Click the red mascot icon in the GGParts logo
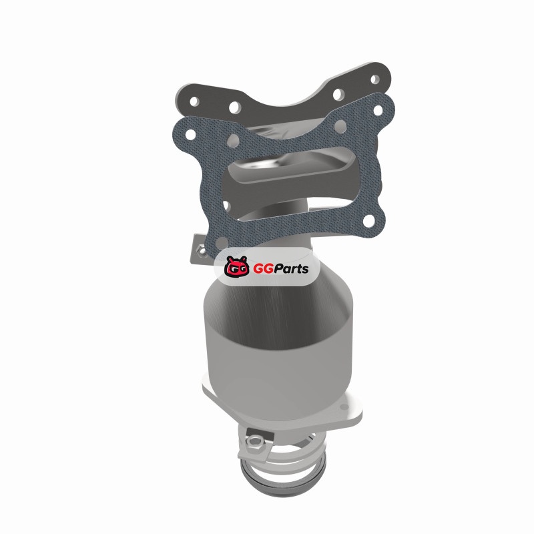[236, 266]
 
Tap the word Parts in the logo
[290, 269]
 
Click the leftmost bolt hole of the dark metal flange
[194, 101]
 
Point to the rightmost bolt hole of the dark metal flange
[374, 79]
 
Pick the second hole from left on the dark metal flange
[235, 107]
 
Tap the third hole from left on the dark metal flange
[338, 94]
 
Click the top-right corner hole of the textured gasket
[378, 110]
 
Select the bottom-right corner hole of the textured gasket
[369, 221]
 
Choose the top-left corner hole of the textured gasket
[191, 135]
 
